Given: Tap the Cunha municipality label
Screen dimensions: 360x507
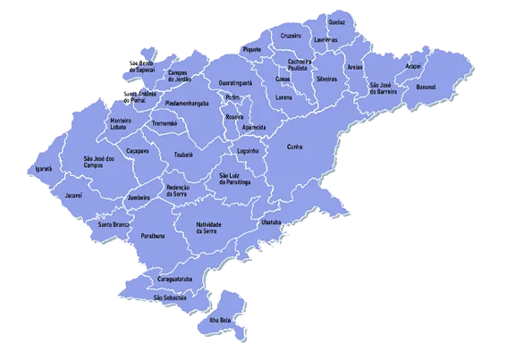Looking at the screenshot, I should point(295,146).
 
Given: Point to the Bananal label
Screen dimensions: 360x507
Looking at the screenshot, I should point(426,87).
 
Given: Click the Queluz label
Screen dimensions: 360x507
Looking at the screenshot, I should point(336,21).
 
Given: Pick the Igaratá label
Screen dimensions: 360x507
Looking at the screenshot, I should point(44,168).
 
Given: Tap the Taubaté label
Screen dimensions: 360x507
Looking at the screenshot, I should point(183,155).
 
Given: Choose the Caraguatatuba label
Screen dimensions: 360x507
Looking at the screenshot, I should point(175,280).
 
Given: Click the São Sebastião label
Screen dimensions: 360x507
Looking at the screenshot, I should point(170,297).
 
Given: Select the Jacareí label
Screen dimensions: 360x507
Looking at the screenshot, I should point(74,194).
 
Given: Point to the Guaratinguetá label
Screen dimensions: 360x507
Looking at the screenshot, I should point(235,82).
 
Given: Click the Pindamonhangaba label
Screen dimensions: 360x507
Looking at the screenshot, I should point(193,104).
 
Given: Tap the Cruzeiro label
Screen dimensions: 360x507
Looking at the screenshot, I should point(291,36).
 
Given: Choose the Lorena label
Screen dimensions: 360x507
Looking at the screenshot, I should point(284,96).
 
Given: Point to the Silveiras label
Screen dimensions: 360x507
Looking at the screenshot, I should point(326,79).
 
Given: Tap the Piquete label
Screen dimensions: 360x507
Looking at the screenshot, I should point(252,49).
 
